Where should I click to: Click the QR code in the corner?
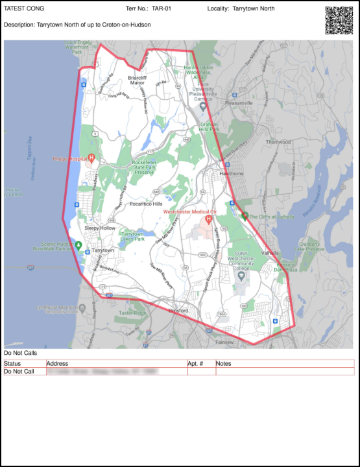pos(338,20)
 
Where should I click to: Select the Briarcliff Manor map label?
pos(137,80)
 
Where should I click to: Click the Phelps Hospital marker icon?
pos(91,158)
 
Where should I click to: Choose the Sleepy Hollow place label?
pos(99,228)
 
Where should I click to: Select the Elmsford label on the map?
pos(178,311)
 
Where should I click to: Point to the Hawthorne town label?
pos(232,173)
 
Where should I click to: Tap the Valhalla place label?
pos(270,252)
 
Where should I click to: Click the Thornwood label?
pos(278,141)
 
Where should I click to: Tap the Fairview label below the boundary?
pos(224,342)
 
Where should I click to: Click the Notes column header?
pos(224,363)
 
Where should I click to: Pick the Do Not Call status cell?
pos(19,372)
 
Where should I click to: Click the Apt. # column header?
pos(195,363)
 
